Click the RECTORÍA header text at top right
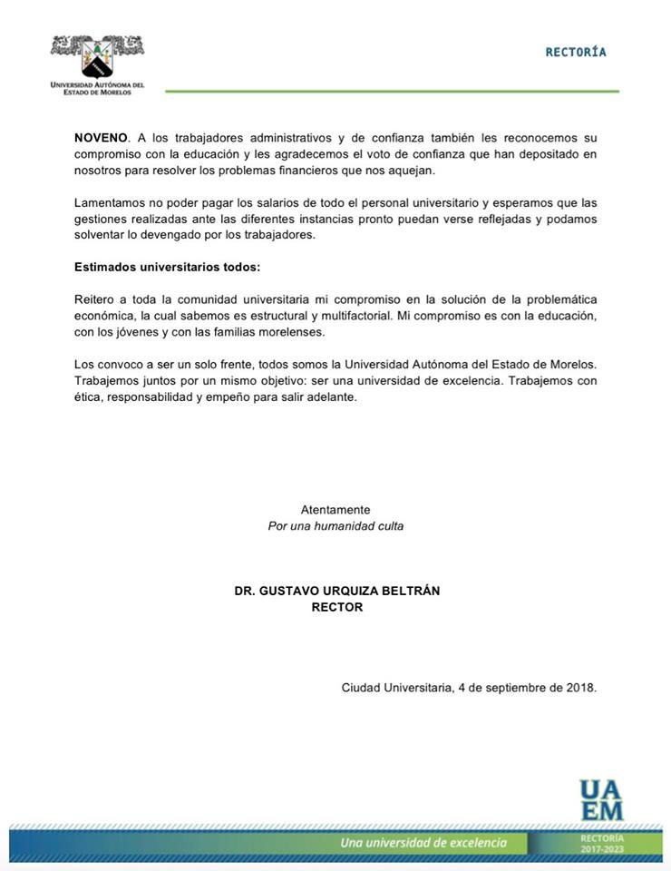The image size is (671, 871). pyautogui.click(x=576, y=52)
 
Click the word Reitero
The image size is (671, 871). pyautogui.click(x=94, y=299)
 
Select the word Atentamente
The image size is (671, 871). pyautogui.click(x=335, y=510)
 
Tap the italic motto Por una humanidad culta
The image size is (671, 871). pyautogui.click(x=335, y=526)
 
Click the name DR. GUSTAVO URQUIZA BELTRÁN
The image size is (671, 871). pyautogui.click(x=336, y=591)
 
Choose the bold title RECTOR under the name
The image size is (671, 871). pyautogui.click(x=336, y=607)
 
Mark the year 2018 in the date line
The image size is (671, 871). pyautogui.click(x=579, y=688)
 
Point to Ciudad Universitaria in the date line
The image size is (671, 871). pyautogui.click(x=396, y=688)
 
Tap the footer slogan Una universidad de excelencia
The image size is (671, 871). pyautogui.click(x=423, y=843)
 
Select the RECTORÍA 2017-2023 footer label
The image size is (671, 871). pyautogui.click(x=602, y=844)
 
